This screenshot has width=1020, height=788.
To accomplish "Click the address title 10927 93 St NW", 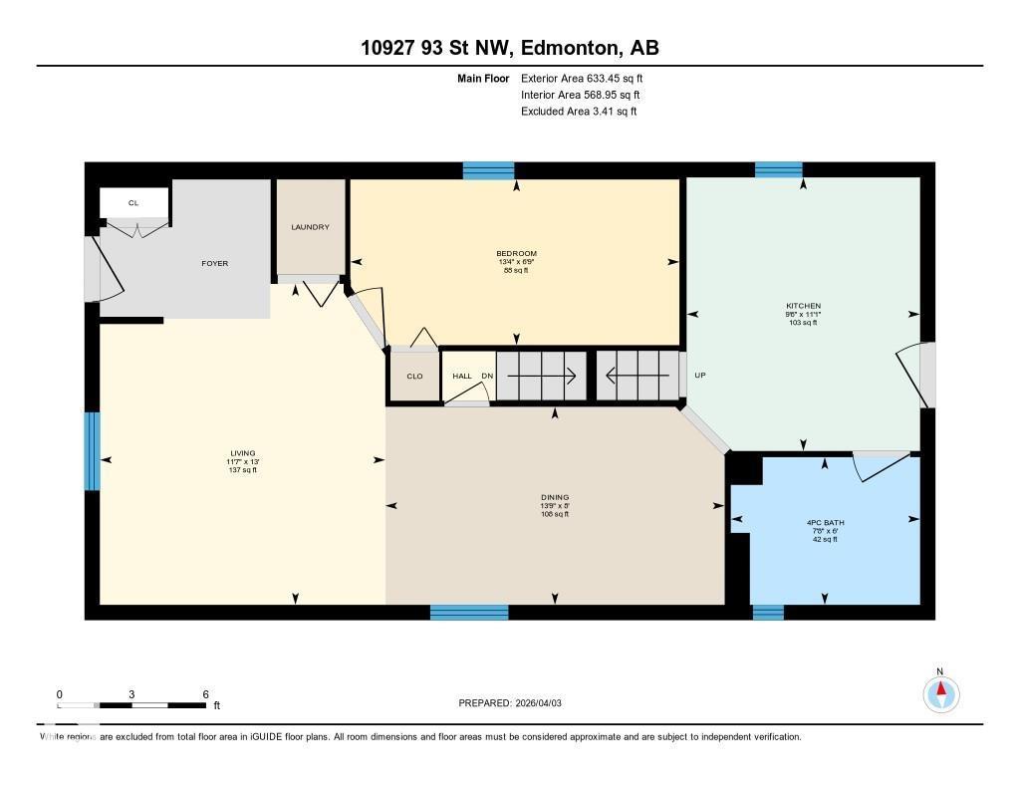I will point(509,48).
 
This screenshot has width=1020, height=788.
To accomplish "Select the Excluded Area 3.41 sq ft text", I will point(578,112).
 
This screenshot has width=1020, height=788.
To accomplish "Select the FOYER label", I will point(214,264).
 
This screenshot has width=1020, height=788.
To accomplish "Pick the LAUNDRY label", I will point(310,227).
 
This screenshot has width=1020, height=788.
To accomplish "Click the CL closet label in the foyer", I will point(133,203).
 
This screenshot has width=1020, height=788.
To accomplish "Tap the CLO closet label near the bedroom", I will point(414,377).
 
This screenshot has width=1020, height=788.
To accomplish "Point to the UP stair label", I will point(699,376).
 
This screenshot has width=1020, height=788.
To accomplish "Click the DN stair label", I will point(487,376).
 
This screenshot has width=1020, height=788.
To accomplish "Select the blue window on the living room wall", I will point(92,450).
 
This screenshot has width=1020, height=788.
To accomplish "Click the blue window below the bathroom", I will point(767,612).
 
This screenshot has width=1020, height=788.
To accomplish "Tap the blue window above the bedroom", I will point(488,170).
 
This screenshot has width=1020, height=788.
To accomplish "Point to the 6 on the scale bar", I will point(204,694).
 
